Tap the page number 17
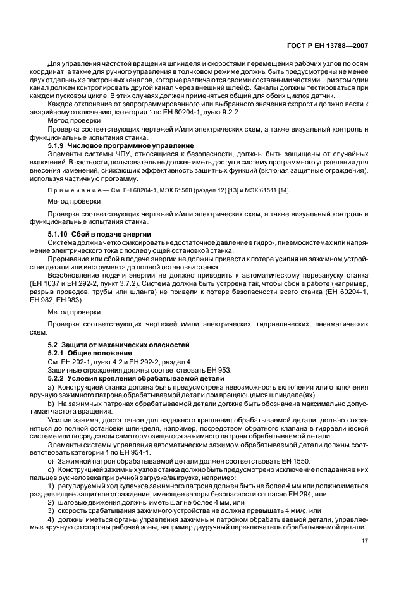[x=365, y=541]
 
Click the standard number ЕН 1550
[x=297, y=460]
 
